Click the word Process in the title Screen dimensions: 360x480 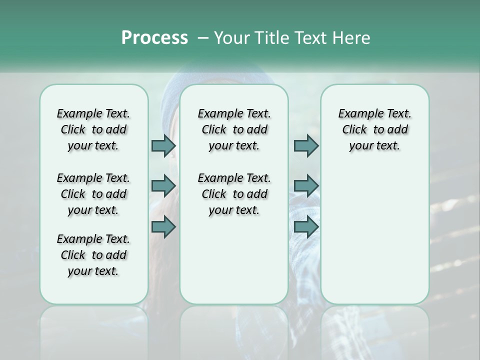pyautogui.click(x=154, y=38)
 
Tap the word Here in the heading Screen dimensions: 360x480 pyautogui.click(x=351, y=38)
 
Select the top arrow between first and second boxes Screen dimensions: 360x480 pyautogui.click(x=163, y=145)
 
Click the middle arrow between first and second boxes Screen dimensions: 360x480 pyautogui.click(x=163, y=186)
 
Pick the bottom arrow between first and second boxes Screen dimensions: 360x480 pyautogui.click(x=163, y=227)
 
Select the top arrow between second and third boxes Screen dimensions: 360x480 pyautogui.click(x=306, y=145)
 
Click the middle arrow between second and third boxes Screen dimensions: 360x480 pyautogui.click(x=306, y=186)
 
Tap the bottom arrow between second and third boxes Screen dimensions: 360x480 pyautogui.click(x=306, y=227)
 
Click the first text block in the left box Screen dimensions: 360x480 pyautogui.click(x=93, y=129)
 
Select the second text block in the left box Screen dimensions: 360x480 pyautogui.click(x=93, y=194)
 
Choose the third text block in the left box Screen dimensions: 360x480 pyautogui.click(x=93, y=255)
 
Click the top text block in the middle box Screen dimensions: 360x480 pyautogui.click(x=234, y=129)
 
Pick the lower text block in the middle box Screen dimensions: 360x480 pyautogui.click(x=234, y=194)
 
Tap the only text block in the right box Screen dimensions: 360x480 pyautogui.click(x=374, y=129)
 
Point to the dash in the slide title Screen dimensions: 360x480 pyautogui.click(x=203, y=38)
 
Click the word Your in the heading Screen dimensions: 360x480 pyautogui.click(x=232, y=38)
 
